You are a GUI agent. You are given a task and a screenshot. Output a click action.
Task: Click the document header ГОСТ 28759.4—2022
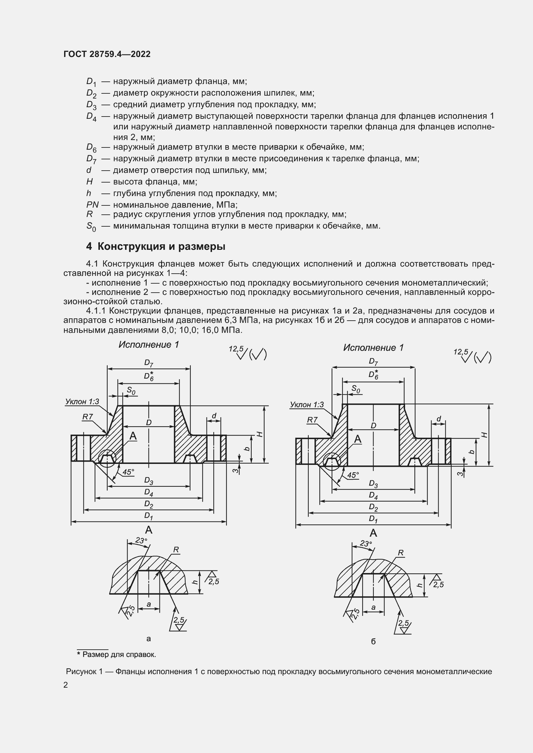(x=107, y=54)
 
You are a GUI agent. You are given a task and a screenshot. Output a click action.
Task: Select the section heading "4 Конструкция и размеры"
(x=156, y=246)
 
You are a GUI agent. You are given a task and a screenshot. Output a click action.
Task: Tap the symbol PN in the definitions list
(x=92, y=205)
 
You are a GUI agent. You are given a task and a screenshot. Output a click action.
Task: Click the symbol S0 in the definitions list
(x=91, y=226)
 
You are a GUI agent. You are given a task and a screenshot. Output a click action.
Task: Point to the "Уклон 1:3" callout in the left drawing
(x=82, y=401)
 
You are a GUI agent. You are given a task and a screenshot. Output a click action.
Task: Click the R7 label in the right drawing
(x=312, y=420)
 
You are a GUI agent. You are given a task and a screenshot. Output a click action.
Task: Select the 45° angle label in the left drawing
(x=128, y=472)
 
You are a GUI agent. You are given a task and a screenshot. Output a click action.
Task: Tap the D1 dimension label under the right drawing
(x=373, y=519)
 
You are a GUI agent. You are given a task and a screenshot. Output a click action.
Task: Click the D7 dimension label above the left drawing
(x=149, y=363)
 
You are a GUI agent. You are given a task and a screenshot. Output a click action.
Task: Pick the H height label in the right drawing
(x=484, y=435)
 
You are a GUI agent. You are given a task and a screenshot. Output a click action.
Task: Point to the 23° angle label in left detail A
(x=141, y=541)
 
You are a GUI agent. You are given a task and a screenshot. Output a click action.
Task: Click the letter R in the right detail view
(x=401, y=553)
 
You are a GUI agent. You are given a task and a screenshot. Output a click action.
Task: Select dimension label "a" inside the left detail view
(x=149, y=604)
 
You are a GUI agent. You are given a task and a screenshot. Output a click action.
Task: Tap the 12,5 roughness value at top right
(x=460, y=352)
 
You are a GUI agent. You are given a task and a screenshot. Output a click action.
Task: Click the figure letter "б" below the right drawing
(x=373, y=642)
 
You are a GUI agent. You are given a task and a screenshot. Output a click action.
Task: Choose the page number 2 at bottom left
(x=66, y=685)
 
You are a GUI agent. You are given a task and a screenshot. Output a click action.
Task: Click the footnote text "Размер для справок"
(x=119, y=654)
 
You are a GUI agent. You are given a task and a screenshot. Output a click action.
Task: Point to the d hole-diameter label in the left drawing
(x=214, y=416)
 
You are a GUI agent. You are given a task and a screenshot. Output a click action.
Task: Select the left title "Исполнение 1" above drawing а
(x=149, y=345)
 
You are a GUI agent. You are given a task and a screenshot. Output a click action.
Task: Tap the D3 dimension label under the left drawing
(x=149, y=481)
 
